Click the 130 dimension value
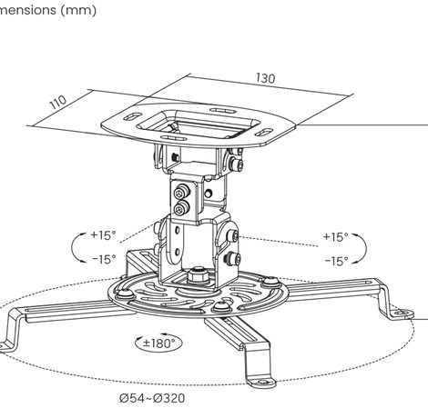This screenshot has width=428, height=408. tap(266, 79)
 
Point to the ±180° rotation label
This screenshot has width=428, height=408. tap(158, 343)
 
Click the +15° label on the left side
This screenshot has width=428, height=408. tap(103, 235)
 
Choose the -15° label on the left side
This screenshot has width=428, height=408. tap(103, 259)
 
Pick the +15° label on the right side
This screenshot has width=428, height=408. tap(335, 237)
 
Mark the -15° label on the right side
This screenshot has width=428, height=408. tap(335, 261)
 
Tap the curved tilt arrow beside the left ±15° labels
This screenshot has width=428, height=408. tap(76, 247)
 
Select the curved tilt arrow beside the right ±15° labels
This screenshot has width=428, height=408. tap(362, 248)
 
